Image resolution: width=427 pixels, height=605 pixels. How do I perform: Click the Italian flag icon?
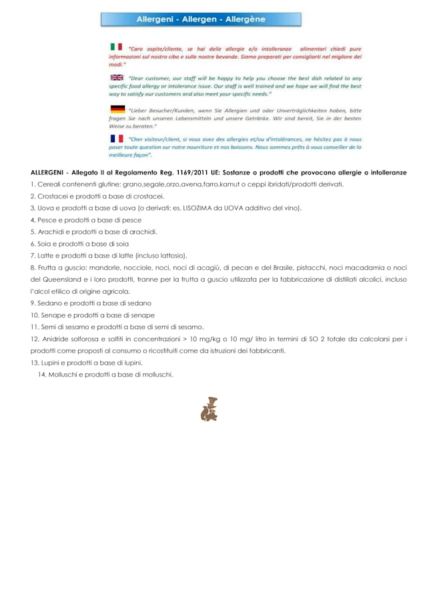click(x=116, y=47)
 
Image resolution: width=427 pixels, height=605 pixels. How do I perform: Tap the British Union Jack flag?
click(x=116, y=77)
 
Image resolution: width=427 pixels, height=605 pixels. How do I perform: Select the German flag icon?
click(x=117, y=109)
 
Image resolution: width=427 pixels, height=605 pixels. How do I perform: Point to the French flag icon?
click(x=117, y=138)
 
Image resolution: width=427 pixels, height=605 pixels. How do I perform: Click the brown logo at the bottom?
click(x=209, y=409)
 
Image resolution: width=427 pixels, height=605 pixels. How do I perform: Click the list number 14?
click(x=42, y=375)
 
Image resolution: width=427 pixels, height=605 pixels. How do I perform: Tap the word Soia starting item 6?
click(x=45, y=244)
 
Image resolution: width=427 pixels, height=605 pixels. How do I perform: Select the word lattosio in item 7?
click(x=172, y=256)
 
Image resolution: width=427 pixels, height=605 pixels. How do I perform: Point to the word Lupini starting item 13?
click(x=52, y=363)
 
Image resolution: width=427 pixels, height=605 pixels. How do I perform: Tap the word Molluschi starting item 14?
click(x=63, y=375)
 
